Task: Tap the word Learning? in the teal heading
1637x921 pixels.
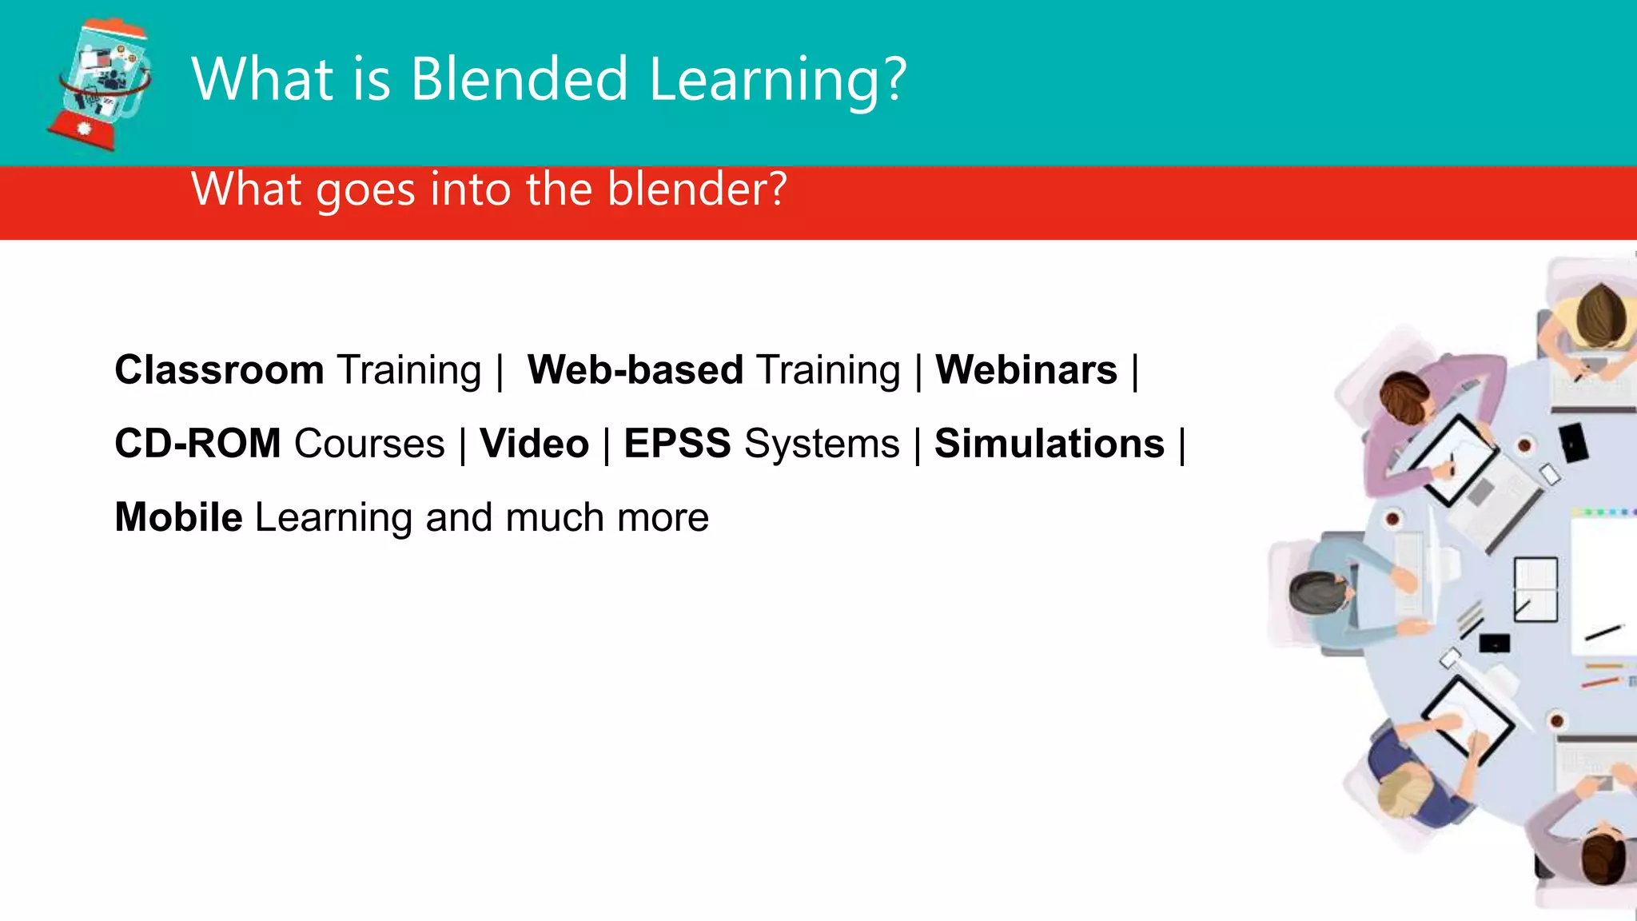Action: pyautogui.click(x=778, y=82)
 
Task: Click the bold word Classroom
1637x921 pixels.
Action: pyautogui.click(x=219, y=370)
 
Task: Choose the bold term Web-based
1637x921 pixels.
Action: pyautogui.click(x=635, y=370)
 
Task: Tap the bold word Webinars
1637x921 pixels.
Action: pyautogui.click(x=1026, y=370)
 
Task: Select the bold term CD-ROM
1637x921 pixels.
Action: pyautogui.click(x=197, y=444)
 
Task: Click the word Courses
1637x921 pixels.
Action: pyautogui.click(x=369, y=444)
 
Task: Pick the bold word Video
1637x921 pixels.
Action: pyautogui.click(x=534, y=444)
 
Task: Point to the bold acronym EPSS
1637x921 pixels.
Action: pyautogui.click(x=677, y=444)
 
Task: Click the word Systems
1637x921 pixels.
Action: pyautogui.click(x=822, y=444)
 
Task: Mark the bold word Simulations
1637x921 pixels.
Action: pyautogui.click(x=1050, y=444)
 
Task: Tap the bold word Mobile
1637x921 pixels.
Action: pyautogui.click(x=178, y=517)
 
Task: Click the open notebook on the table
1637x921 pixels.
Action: pyautogui.click(x=1535, y=589)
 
